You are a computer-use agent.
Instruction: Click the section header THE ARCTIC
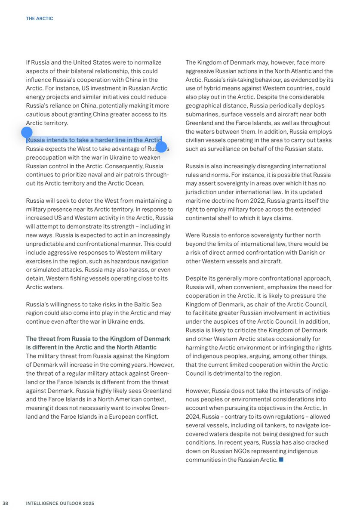click(x=39, y=19)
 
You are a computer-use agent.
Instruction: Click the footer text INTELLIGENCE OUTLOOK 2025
click(x=60, y=503)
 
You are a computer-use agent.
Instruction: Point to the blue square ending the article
click(x=281, y=460)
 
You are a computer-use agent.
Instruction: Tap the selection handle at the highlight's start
click(x=27, y=133)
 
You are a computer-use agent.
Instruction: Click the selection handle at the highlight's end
click(x=161, y=147)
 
